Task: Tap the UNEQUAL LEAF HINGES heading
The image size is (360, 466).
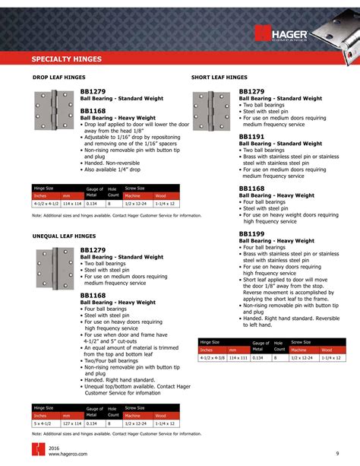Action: click(x=64, y=236)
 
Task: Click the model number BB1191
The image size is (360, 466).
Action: click(x=251, y=137)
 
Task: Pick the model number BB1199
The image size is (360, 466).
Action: click(x=251, y=233)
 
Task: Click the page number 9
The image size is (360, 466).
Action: click(x=336, y=454)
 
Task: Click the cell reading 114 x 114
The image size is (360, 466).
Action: click(x=71, y=204)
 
